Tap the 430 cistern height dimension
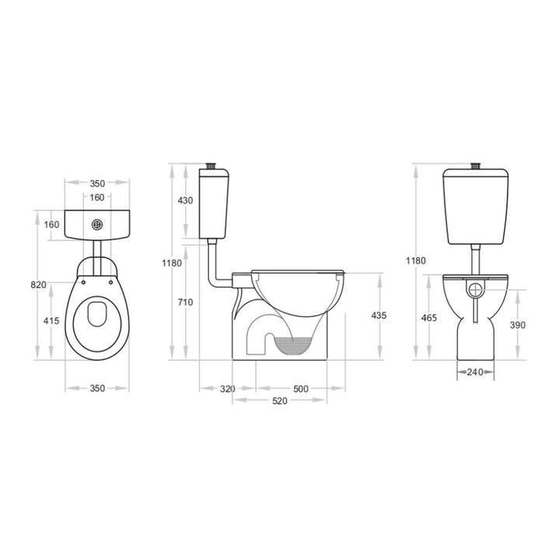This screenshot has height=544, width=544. pos(185,201)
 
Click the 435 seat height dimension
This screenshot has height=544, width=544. pos(378,316)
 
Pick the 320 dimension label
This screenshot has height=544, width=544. pos(228,387)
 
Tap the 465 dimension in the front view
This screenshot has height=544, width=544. pos(428,319)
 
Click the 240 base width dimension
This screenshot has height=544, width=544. pos(474,372)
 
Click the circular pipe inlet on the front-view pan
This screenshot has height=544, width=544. pos(475,291)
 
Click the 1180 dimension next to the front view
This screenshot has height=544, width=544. pos(416,260)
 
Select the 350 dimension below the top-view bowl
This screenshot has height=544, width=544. pos(97,387)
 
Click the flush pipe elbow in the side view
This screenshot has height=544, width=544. pos(213,277)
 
